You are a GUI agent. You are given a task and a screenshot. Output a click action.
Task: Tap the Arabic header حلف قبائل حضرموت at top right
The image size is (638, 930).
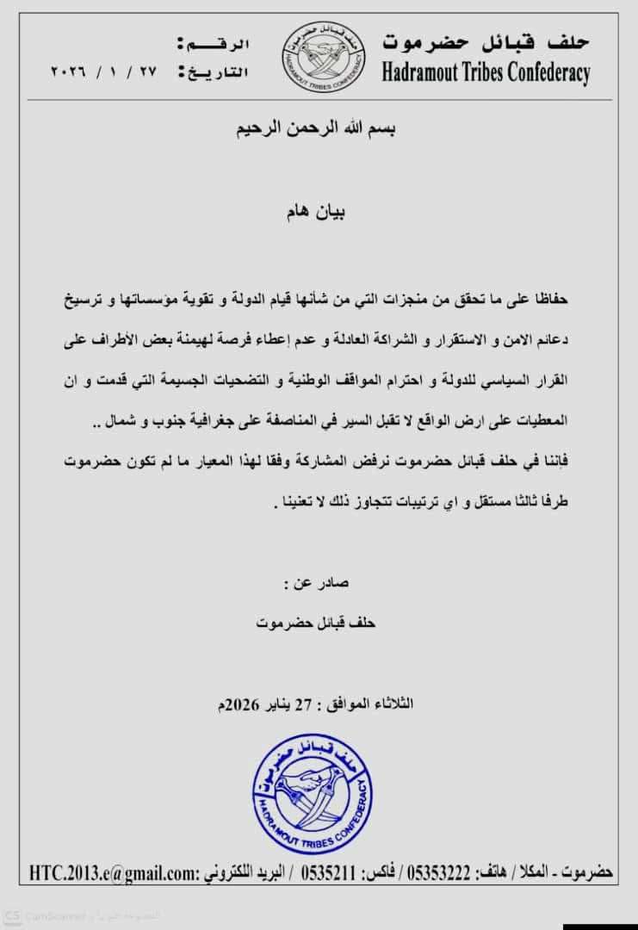click(486, 40)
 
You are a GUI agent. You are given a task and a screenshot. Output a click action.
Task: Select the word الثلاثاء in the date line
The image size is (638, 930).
click(393, 704)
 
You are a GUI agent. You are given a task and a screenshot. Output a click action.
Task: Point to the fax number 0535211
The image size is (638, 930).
click(328, 872)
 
